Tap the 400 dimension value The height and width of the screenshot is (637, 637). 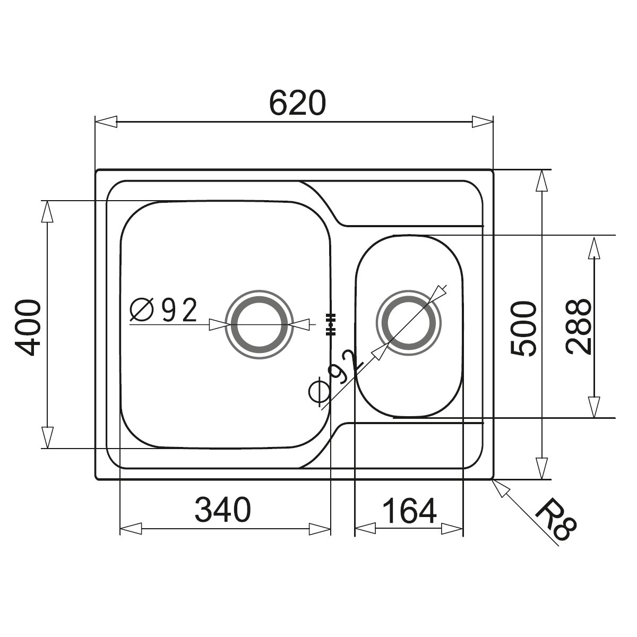pyautogui.click(x=28, y=328)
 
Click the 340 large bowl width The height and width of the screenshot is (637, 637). pyautogui.click(x=223, y=510)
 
